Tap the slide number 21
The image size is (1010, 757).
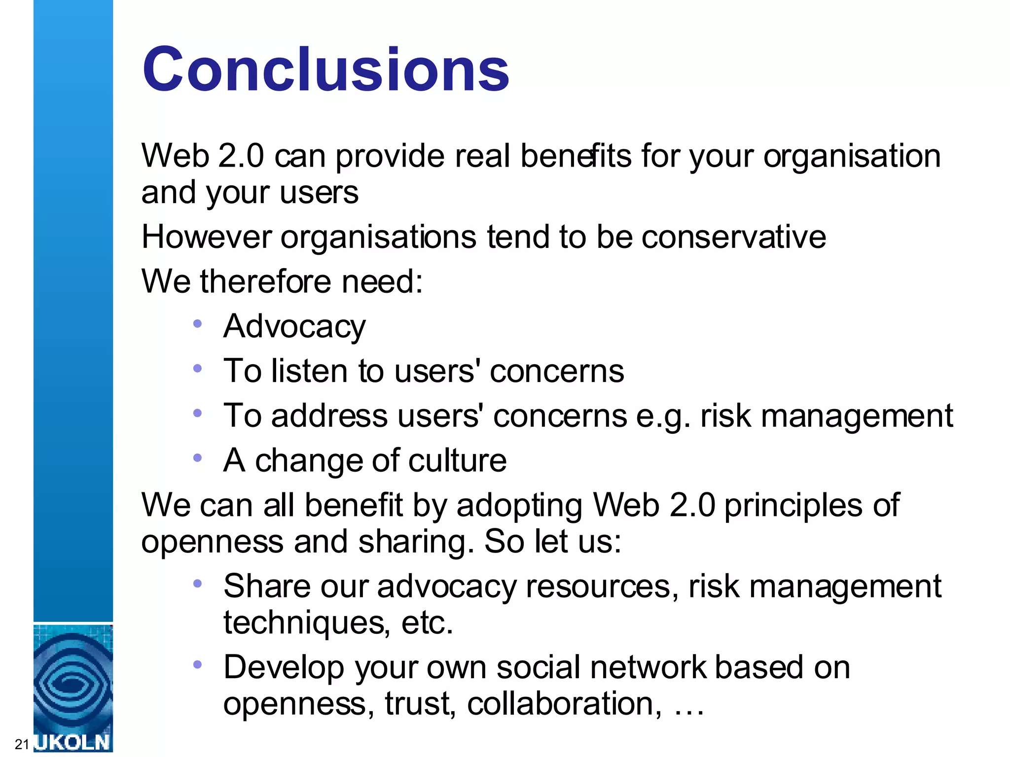tap(22, 744)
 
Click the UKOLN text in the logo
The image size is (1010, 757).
tap(73, 742)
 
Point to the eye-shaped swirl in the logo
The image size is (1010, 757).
tap(73, 683)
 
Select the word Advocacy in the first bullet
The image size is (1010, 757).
tap(294, 327)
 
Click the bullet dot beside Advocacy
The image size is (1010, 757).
tap(198, 324)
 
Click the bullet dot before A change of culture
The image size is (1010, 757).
tap(198, 458)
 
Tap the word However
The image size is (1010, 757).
tap(206, 237)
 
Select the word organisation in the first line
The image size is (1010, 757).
tap(852, 157)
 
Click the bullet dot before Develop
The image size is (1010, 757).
tap(198, 665)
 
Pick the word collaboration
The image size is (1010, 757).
tap(564, 703)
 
